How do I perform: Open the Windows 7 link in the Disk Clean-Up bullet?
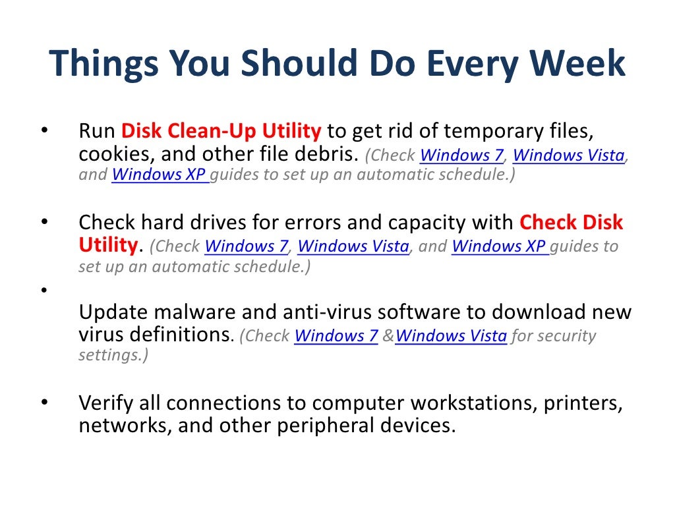[461, 155]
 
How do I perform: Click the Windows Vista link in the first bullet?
[568, 155]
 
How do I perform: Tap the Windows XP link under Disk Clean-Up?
[160, 175]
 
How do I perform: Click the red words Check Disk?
[571, 222]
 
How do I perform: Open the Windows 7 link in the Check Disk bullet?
[247, 246]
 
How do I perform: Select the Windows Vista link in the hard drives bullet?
[353, 246]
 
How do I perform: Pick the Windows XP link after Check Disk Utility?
[500, 246]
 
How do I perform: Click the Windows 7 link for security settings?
[336, 336]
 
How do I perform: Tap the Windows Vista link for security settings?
[452, 336]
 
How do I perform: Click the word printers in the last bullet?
[583, 402]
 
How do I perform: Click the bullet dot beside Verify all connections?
[44, 401]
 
